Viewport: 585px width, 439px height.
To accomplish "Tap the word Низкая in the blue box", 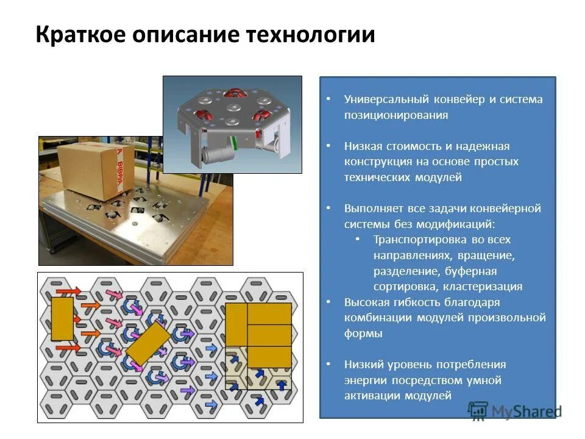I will [x=363, y=146].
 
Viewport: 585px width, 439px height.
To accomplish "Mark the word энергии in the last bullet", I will [x=364, y=380].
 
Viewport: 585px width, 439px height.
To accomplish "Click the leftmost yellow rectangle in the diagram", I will [x=62, y=319].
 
